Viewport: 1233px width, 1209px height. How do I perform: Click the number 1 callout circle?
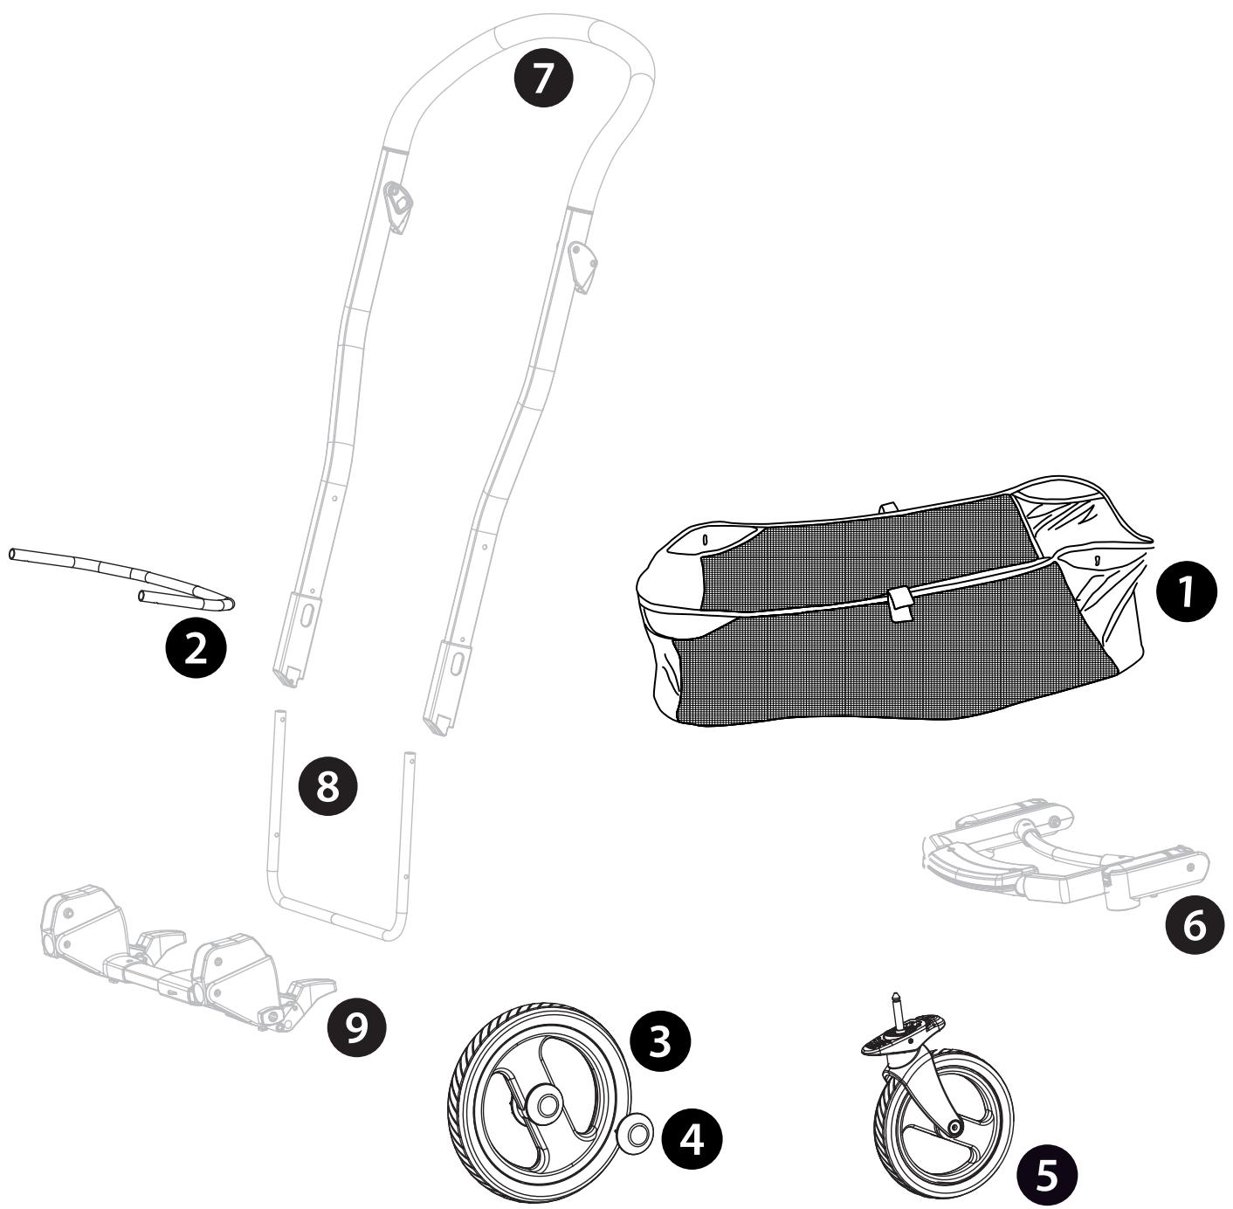1187,591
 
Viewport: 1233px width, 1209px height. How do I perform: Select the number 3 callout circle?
660,1042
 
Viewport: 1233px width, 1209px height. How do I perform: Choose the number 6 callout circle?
1195,925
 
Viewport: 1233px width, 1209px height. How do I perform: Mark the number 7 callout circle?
543,77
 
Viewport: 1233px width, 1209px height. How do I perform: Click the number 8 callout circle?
327,785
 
